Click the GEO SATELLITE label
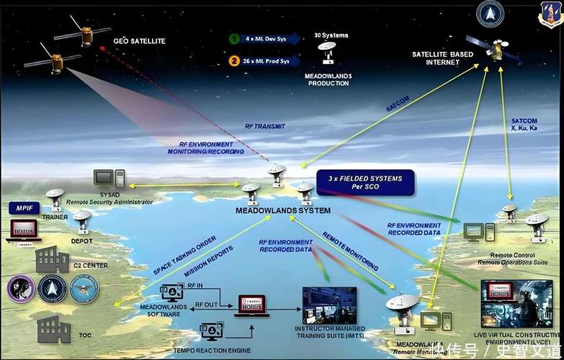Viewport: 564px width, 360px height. (140, 41)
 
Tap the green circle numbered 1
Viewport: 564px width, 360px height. (234, 39)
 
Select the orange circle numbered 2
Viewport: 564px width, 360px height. (234, 60)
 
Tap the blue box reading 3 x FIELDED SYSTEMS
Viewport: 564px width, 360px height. (365, 182)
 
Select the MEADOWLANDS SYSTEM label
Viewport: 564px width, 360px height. (283, 210)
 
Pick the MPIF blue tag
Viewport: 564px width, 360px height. (24, 208)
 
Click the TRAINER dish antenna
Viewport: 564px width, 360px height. (54, 197)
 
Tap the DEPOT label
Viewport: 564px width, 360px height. (81, 240)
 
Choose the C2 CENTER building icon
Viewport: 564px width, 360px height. (52, 257)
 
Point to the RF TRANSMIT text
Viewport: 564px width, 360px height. (265, 126)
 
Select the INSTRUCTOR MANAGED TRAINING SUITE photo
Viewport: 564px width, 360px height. (329, 305)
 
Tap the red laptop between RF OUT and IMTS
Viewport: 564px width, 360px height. (251, 305)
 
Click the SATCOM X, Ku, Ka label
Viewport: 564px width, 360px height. (524, 125)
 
